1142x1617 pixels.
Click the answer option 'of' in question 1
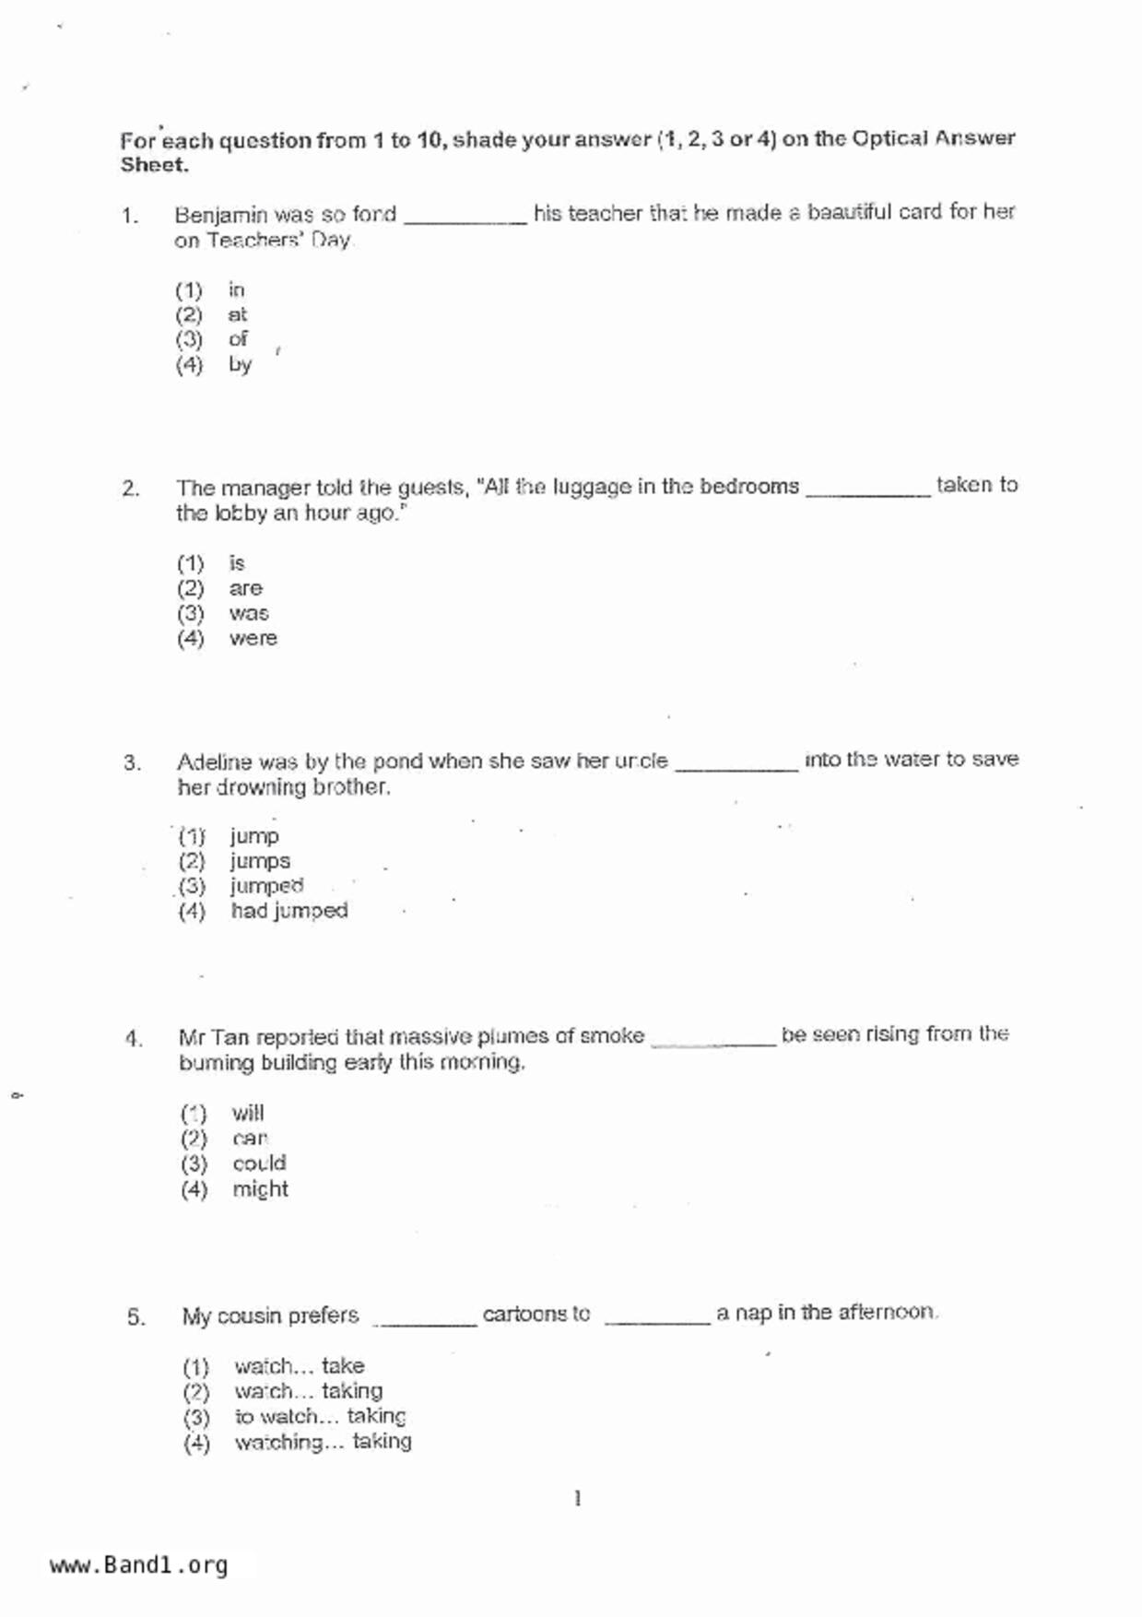(238, 339)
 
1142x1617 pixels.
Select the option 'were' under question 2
(253, 638)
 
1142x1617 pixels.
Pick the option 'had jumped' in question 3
(288, 911)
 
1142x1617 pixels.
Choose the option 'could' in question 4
(259, 1163)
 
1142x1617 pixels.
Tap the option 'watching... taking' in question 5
(323, 1442)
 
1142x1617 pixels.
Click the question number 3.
(132, 763)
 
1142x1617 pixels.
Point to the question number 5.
(135, 1316)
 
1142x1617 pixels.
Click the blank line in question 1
(465, 219)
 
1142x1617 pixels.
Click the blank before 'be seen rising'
(713, 1042)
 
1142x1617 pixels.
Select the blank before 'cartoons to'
(424, 1322)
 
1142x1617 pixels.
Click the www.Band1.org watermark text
(138, 1565)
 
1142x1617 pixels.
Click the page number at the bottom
(577, 1499)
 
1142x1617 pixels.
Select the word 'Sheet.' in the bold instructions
(154, 166)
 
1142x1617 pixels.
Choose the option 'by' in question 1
(240, 364)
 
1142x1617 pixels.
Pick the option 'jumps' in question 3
(260, 861)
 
